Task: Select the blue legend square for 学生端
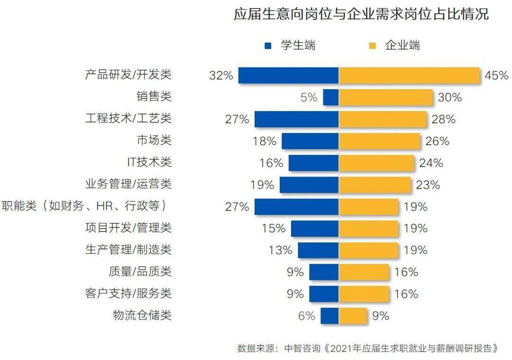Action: click(x=268, y=46)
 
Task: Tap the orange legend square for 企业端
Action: click(x=372, y=46)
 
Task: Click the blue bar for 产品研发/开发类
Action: click(x=288, y=75)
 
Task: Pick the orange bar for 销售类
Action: click(x=386, y=97)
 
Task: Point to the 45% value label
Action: click(x=496, y=75)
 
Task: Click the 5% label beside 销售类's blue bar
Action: click(x=309, y=97)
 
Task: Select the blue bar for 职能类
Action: click(x=296, y=207)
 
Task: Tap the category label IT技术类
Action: click(x=149, y=163)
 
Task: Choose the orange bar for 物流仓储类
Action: click(x=353, y=315)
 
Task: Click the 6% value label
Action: click(x=306, y=315)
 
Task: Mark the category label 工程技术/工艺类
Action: click(x=128, y=119)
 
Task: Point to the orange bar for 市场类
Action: click(x=379, y=141)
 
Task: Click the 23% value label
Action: click(x=428, y=185)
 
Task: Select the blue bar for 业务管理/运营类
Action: click(x=309, y=185)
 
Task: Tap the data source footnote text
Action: click(x=368, y=349)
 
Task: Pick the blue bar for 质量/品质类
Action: click(x=324, y=272)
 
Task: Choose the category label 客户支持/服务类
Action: click(x=128, y=294)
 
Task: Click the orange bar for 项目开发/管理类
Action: click(x=368, y=228)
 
